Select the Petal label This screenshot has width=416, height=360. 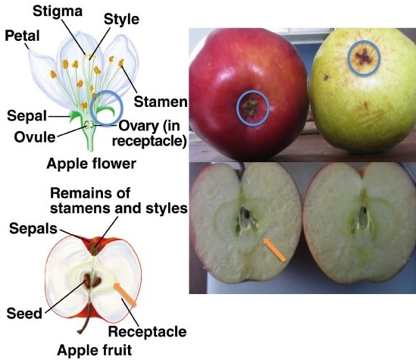pyautogui.click(x=20, y=36)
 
